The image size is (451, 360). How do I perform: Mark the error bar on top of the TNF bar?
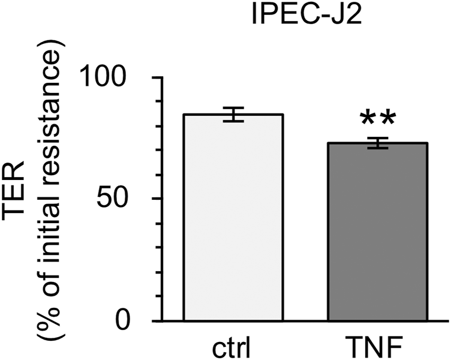point(377,143)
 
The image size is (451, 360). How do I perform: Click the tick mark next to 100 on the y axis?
point(161,78)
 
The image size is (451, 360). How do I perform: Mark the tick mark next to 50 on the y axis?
point(161,199)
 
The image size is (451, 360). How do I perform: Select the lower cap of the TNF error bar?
point(377,148)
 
